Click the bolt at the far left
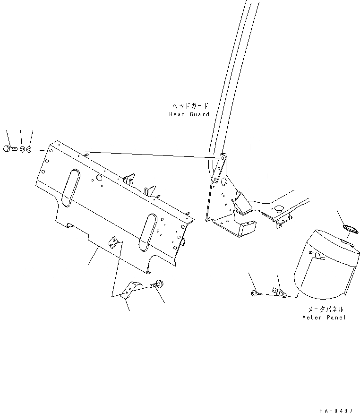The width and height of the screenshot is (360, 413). pos(9,148)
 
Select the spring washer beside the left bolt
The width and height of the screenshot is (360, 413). pos(22,149)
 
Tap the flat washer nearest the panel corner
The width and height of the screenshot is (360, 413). pos(29,150)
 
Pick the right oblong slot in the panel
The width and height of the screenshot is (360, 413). pos(148,231)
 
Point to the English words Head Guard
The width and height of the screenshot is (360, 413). pos(189,114)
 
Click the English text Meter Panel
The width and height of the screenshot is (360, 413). pos(324,318)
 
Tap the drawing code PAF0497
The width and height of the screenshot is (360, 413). pos(336,398)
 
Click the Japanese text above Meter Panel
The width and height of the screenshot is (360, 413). pos(326,309)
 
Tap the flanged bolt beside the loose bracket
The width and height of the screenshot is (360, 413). pos(155,285)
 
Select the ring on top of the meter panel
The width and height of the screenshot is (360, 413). pos(349,229)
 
